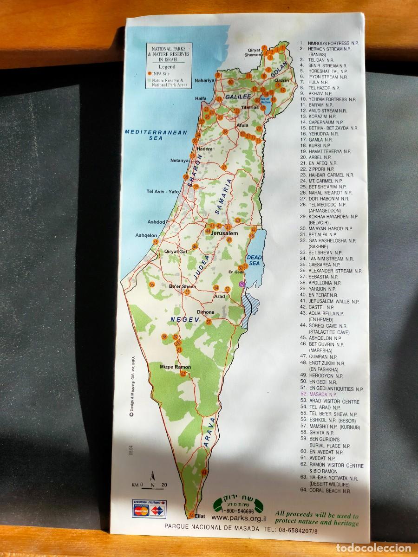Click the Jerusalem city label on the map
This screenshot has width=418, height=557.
tap(224, 233)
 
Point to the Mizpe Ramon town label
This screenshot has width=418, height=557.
tap(176, 367)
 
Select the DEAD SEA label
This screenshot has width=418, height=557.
tap(255, 260)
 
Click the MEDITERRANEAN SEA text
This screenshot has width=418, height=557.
tap(156, 135)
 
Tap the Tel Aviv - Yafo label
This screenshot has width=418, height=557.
tap(163, 191)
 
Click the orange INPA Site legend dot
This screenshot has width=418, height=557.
tap(150, 73)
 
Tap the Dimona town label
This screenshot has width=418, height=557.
tap(206, 312)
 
